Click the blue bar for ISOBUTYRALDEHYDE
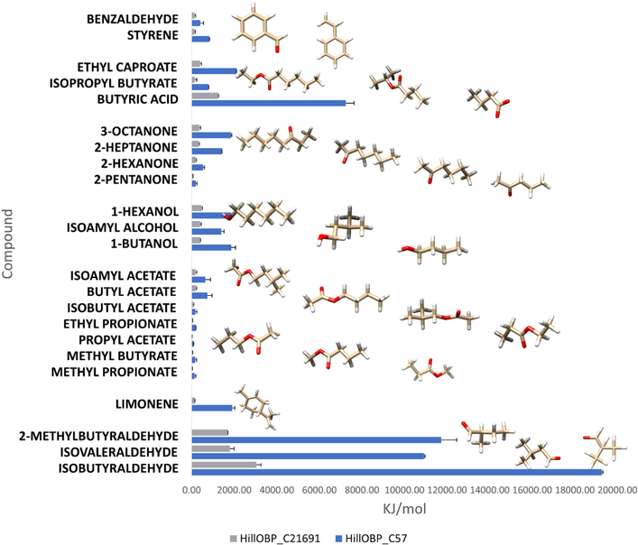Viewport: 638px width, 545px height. click(x=397, y=472)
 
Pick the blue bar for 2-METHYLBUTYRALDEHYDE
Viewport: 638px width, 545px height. click(x=317, y=439)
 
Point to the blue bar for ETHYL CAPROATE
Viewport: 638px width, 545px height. click(x=215, y=70)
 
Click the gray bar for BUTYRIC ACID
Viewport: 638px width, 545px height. click(x=206, y=95)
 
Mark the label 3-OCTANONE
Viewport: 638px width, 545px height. click(x=144, y=130)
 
